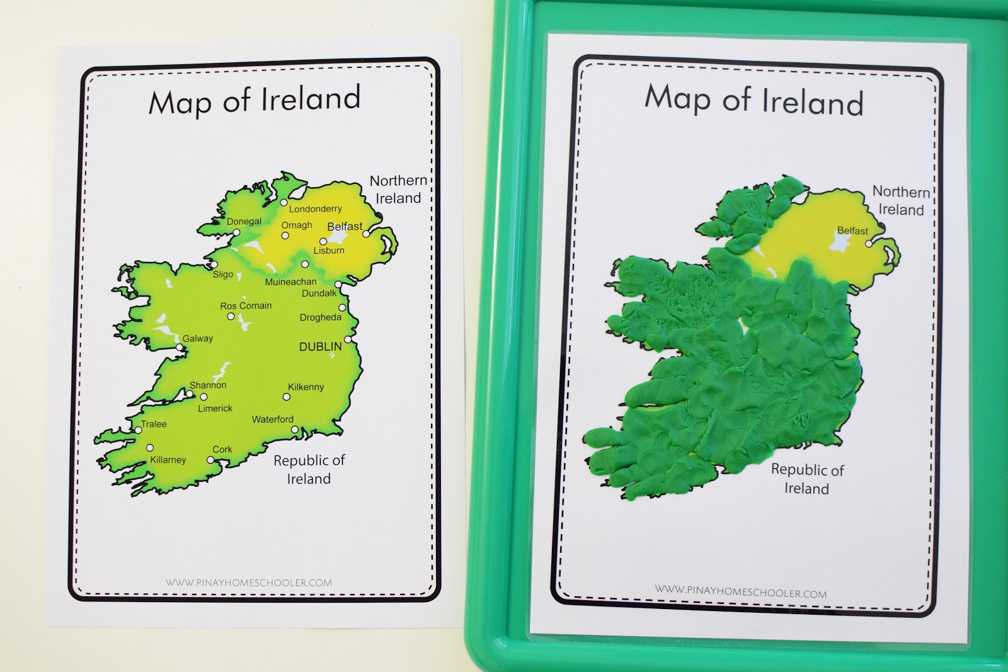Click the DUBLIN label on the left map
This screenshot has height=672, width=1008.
[x=320, y=346]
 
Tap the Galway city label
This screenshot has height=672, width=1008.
[x=198, y=338]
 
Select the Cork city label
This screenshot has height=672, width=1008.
[x=222, y=449]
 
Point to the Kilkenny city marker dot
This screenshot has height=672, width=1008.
[x=287, y=397]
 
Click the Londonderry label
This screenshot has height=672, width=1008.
[x=315, y=208]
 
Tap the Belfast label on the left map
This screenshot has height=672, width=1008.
[x=345, y=226]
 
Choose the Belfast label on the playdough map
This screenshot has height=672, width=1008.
[x=852, y=231]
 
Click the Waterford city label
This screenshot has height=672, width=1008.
[x=273, y=419]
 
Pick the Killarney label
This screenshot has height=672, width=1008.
[x=168, y=460]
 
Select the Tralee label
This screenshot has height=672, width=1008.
[x=154, y=424]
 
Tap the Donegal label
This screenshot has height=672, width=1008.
[x=244, y=221]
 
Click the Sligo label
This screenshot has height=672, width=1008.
[x=223, y=274]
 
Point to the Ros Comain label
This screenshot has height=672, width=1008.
[x=246, y=305]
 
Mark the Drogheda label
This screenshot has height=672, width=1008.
[x=320, y=317]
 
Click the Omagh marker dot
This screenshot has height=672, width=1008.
[x=285, y=236]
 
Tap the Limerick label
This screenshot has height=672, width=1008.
[x=215, y=408]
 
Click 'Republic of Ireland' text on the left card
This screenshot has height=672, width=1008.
[x=309, y=469]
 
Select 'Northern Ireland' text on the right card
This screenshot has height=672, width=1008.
[x=901, y=200]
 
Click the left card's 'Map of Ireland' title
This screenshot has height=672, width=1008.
[x=255, y=100]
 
